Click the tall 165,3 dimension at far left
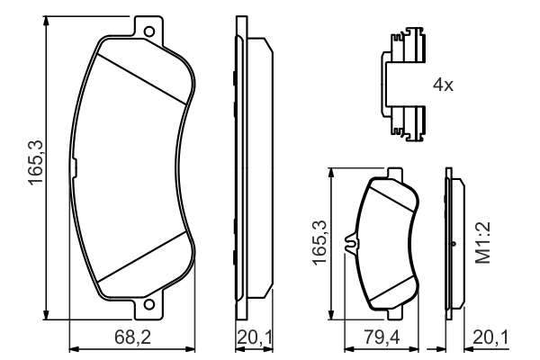[33, 169]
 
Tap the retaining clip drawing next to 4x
[401, 85]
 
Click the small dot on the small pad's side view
[455, 244]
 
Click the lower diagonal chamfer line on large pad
[144, 266]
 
